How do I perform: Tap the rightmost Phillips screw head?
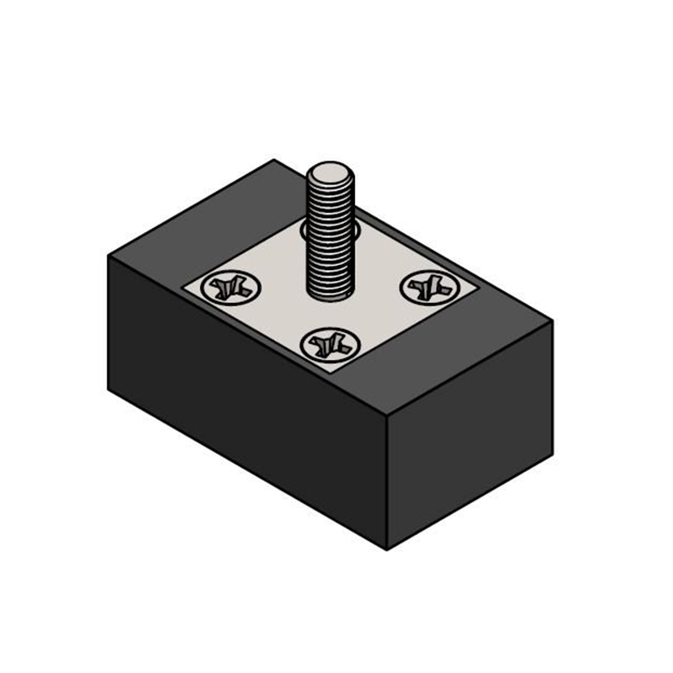click(430, 288)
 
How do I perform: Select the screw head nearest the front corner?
click(327, 343)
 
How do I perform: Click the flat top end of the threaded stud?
click(331, 178)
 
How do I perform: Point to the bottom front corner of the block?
click(387, 549)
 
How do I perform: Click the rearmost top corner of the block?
click(273, 160)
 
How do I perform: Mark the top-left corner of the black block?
click(109, 254)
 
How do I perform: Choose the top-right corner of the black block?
click(553, 321)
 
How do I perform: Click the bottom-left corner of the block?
click(109, 389)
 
